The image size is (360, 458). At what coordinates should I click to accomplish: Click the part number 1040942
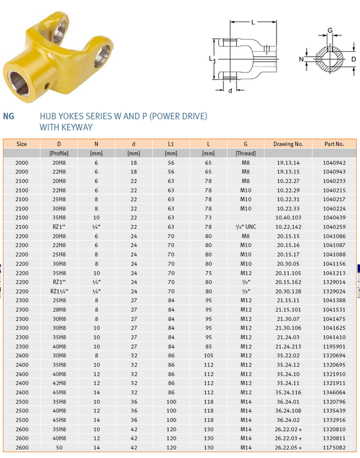[334, 163]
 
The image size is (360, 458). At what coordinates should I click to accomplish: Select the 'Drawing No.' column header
[288, 144]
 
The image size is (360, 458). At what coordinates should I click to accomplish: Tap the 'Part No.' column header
[334, 144]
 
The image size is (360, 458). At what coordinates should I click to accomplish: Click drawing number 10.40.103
[288, 218]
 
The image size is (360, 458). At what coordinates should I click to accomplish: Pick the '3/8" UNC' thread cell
[246, 227]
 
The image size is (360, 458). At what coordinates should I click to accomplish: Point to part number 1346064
[334, 392]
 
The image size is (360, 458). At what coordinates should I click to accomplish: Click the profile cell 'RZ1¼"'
[59, 291]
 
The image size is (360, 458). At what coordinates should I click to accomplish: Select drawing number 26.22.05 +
[288, 447]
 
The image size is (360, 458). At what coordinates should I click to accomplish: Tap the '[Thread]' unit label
[246, 154]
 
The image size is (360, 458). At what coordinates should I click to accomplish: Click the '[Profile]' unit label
[59, 154]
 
